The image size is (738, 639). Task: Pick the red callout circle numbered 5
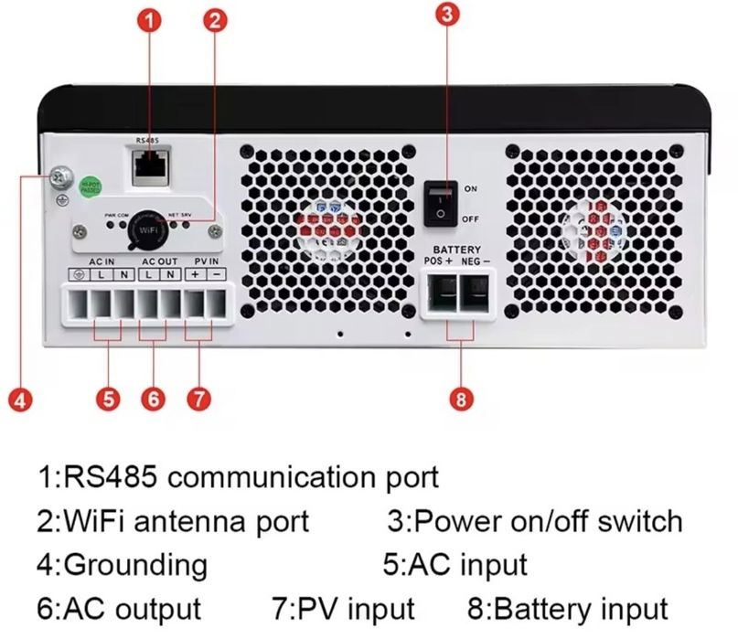coord(108,399)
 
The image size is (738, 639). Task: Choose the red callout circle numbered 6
coord(154,399)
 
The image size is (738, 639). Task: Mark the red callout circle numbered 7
coord(198,399)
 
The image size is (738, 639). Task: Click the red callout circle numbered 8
coord(461,399)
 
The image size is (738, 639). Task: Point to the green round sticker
coord(91,186)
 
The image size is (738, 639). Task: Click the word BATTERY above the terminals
coord(457,249)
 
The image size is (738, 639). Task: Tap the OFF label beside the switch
coord(471,219)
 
